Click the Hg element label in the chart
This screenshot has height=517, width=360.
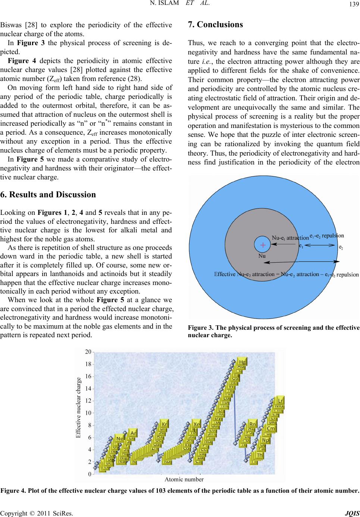tap(242, 362)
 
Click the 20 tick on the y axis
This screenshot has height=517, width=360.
tap(88, 352)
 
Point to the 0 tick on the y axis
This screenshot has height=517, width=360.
tap(90, 474)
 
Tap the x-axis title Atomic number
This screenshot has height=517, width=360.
tap(184, 479)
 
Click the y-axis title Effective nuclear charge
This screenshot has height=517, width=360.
tap(78, 407)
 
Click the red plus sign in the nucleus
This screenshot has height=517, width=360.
tap(263, 245)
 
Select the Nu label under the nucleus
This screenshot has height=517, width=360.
tap(262, 256)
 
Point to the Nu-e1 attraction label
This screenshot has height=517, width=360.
tap(290, 238)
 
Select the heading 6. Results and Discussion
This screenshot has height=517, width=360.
tap(48, 194)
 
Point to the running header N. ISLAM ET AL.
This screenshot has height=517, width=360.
tap(180, 4)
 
